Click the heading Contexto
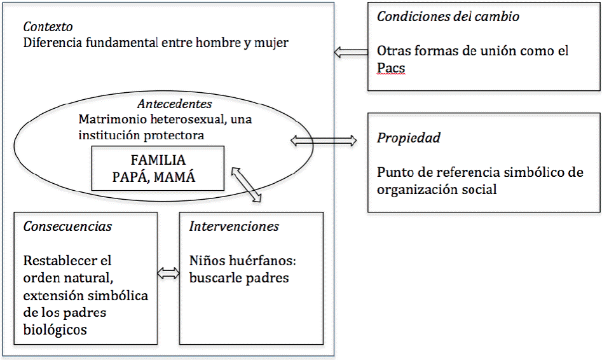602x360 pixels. coord(48,27)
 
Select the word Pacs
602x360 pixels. coord(391,67)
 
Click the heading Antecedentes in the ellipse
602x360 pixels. coord(175,104)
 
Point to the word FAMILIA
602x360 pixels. coord(158,161)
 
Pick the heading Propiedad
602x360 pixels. coord(409,138)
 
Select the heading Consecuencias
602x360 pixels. coord(67,226)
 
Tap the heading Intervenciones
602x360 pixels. coord(234,226)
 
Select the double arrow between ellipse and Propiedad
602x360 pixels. coord(324,141)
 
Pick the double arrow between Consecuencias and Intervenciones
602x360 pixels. coord(168,273)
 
